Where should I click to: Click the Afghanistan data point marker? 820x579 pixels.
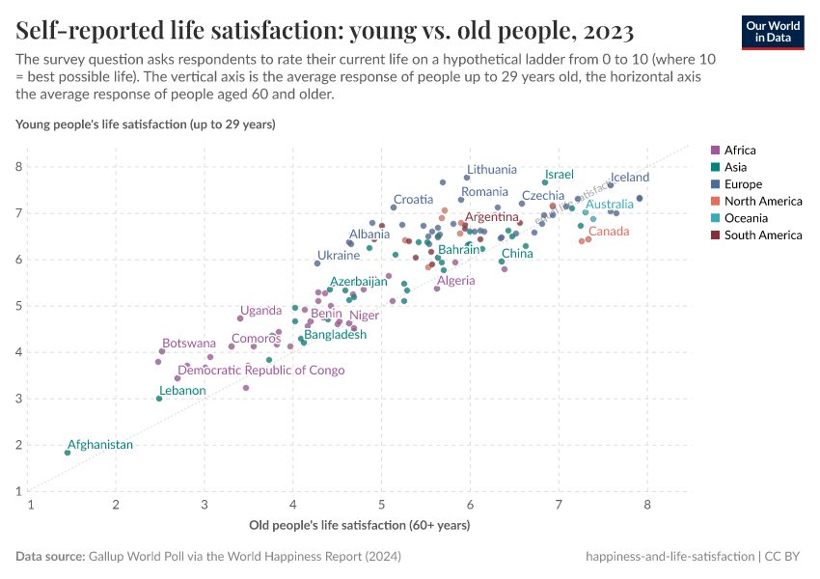point(68,453)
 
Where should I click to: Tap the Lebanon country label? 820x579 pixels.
point(182,391)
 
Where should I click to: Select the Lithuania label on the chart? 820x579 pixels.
point(491,170)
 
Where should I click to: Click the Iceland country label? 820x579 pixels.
point(630,178)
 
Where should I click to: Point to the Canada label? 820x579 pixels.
point(609,232)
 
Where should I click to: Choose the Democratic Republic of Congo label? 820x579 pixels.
point(261,371)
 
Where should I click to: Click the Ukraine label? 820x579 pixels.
point(339,256)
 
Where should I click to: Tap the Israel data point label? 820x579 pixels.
point(559,175)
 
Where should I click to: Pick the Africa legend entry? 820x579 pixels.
point(740,151)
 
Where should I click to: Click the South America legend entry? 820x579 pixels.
point(762,235)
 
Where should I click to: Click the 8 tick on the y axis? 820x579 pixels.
point(18,167)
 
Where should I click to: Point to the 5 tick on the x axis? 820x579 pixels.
point(382,505)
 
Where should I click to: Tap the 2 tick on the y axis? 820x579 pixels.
point(18,445)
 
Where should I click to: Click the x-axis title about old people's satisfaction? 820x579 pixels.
point(359,526)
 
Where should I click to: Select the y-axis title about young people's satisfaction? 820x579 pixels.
point(146,124)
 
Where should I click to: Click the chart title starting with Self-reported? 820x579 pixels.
point(324,32)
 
